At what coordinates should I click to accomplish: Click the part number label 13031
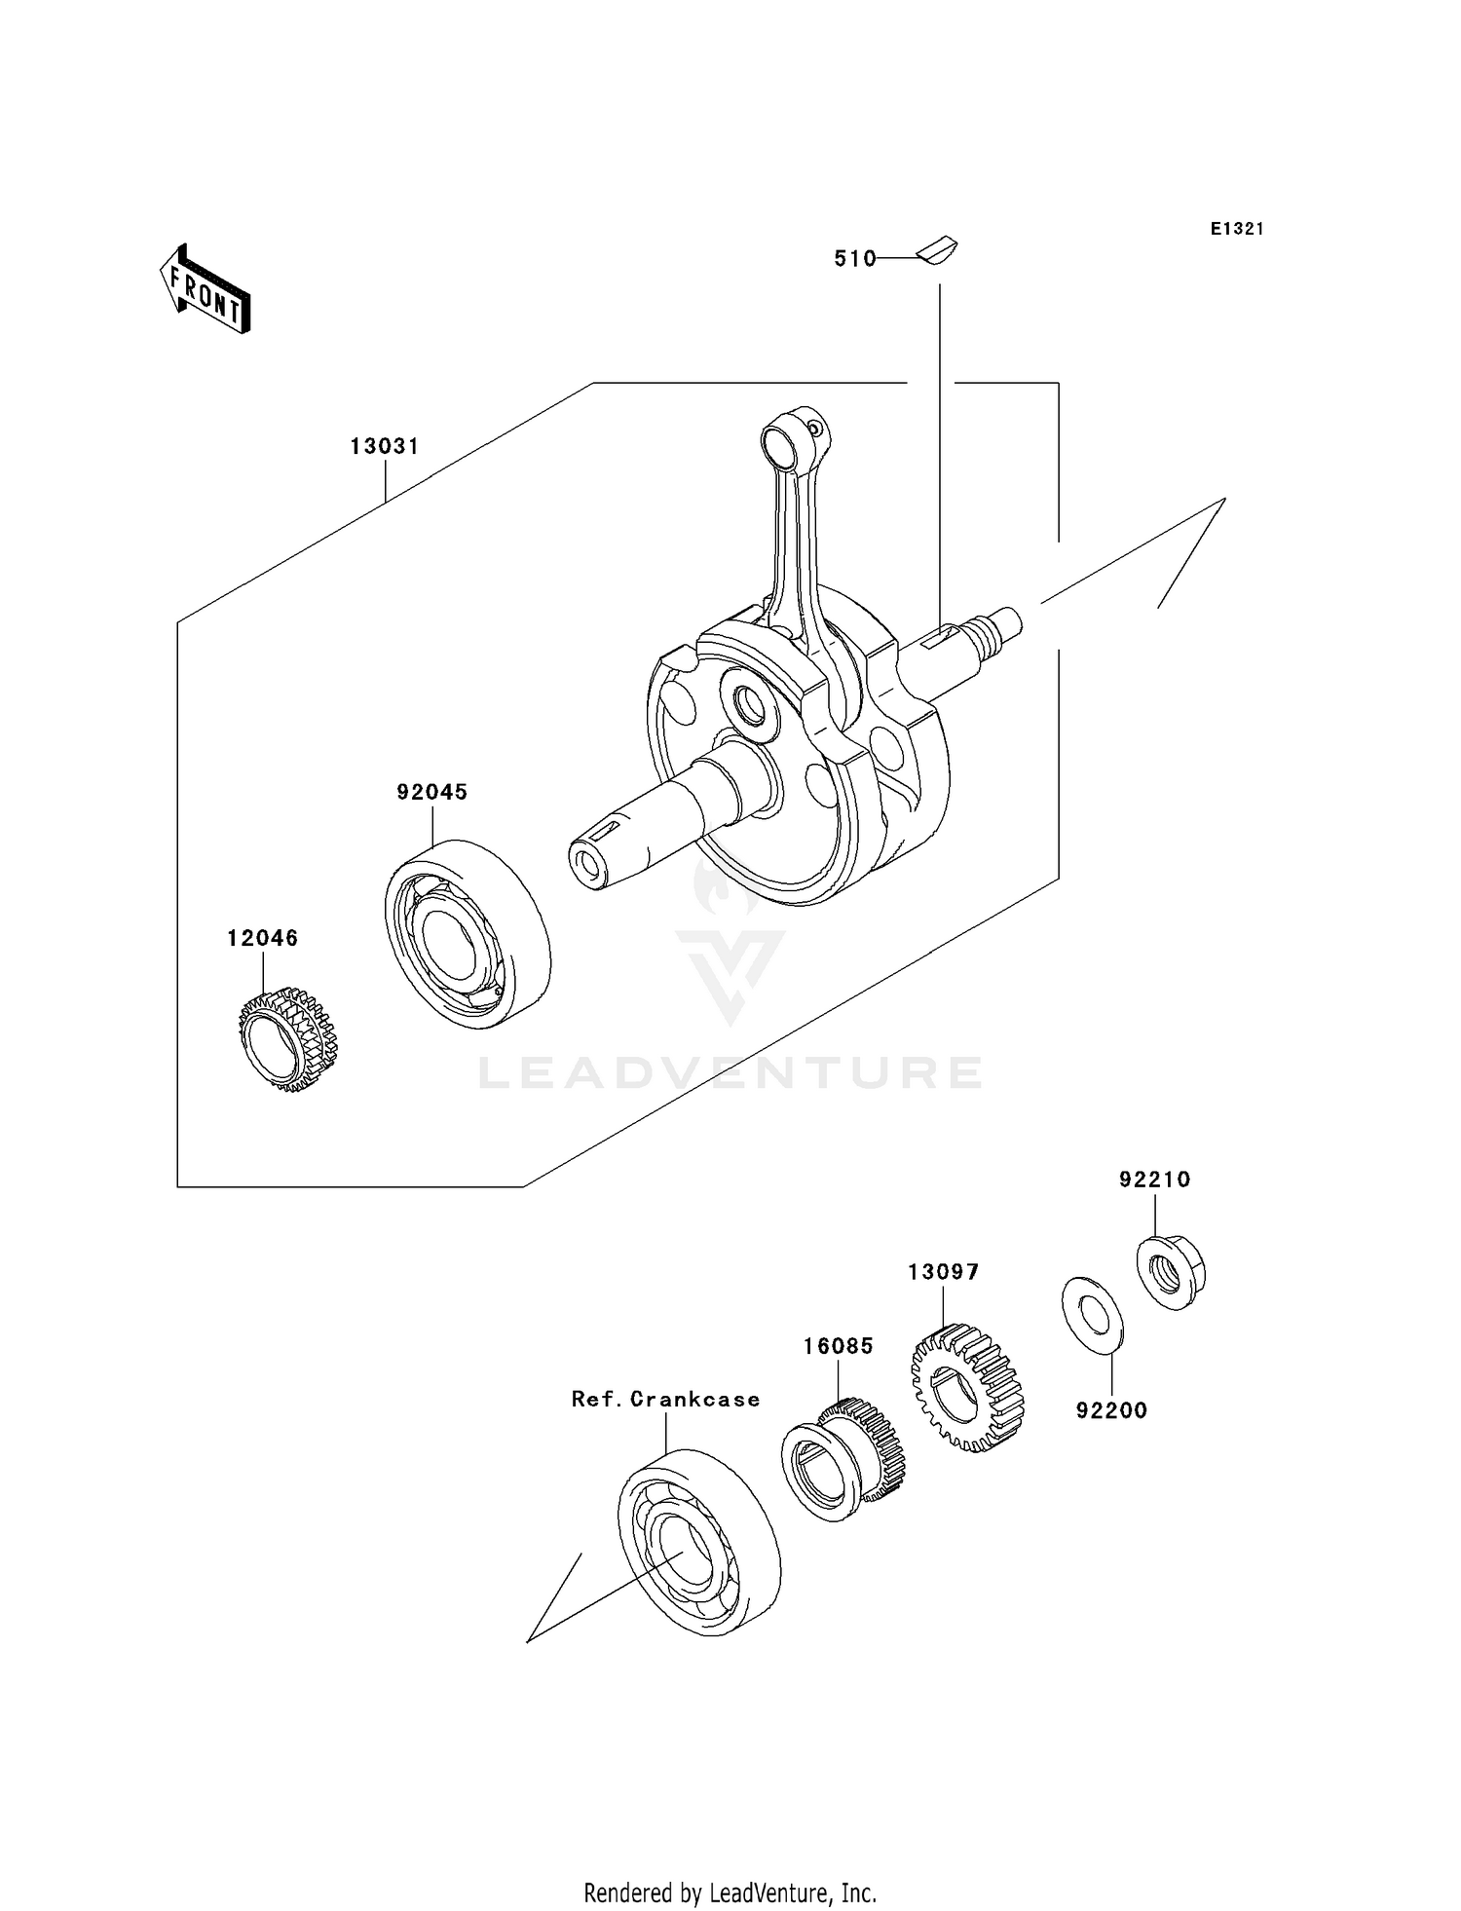[385, 447]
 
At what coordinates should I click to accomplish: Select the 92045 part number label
[431, 793]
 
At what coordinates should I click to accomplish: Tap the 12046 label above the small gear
[263, 939]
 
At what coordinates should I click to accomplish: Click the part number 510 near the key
[854, 259]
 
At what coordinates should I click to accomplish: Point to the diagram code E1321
[1237, 229]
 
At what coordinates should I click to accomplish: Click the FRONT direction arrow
[205, 289]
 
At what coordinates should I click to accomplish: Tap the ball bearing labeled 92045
[468, 934]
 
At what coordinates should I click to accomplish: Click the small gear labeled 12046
[287, 1038]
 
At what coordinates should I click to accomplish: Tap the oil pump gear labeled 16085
[843, 1459]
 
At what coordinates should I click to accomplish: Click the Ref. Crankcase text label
[665, 1400]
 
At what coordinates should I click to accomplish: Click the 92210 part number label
[1154, 1180]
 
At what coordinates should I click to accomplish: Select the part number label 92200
[1111, 1410]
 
